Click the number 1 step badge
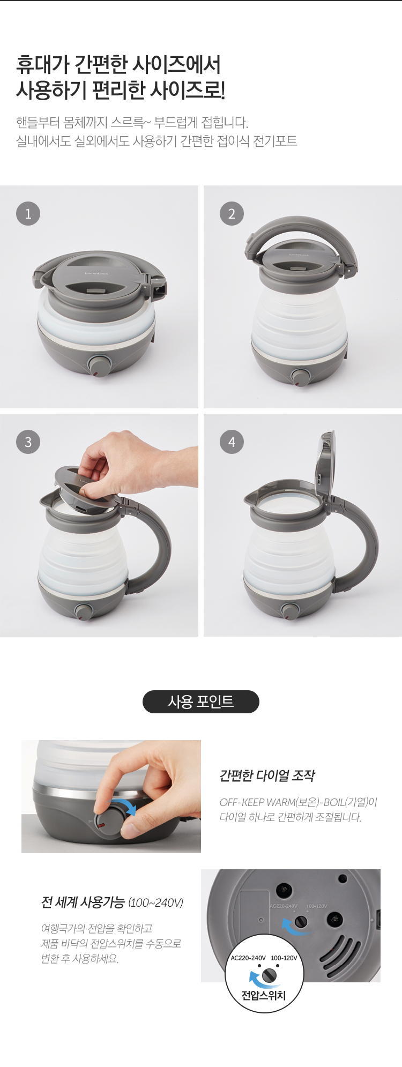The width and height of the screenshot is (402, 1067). click(28, 214)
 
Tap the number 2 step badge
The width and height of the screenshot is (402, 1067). click(232, 214)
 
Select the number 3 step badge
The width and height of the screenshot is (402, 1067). click(28, 442)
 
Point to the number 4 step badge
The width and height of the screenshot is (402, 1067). click(232, 442)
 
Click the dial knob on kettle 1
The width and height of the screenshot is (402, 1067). click(98, 365)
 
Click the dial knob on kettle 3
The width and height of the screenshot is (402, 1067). click(84, 611)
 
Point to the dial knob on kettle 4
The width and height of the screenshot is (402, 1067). click(290, 610)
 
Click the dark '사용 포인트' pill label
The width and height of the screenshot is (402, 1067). click(201, 702)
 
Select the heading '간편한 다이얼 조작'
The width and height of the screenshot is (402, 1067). click(267, 775)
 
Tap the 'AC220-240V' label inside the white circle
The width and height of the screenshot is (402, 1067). click(248, 958)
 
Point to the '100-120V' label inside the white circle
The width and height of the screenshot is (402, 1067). click(284, 958)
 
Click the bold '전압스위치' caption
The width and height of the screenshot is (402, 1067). click(264, 995)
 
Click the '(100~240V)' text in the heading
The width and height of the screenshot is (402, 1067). click(156, 903)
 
